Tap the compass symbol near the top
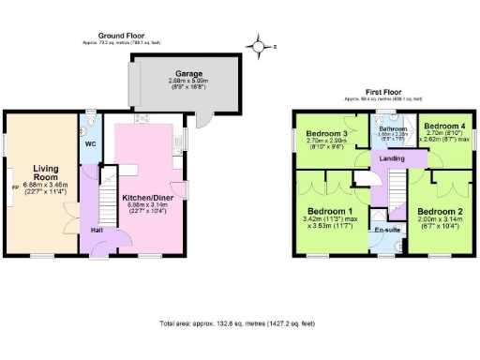[257, 43]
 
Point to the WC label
[90, 145]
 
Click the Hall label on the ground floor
[97, 229]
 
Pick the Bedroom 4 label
[440, 126]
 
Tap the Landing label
[392, 158]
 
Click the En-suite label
[386, 229]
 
